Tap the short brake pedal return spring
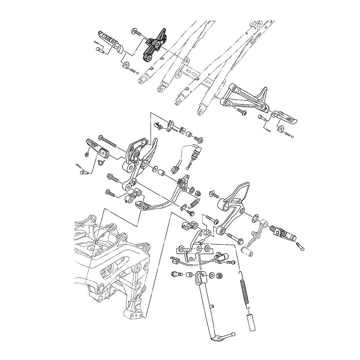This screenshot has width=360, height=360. click(194, 203)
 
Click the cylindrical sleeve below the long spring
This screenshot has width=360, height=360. click(251, 321)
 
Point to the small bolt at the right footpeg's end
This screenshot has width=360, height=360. click(301, 247)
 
